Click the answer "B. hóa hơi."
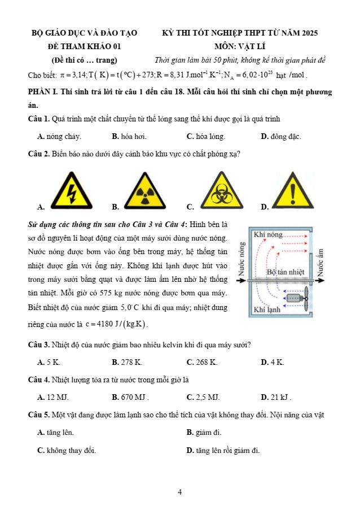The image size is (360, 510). tap(129, 137)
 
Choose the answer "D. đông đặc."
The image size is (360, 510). tap(281, 137)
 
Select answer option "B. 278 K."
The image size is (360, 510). tap(127, 362)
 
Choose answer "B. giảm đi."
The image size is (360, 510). tap(204, 433)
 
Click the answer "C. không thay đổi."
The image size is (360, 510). tap(67, 451)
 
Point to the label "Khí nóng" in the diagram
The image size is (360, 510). tap(268, 234)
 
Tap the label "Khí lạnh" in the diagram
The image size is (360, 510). tap(267, 310)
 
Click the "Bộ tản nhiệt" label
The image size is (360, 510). tap(286, 272)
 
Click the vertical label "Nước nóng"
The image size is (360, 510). tap(242, 259)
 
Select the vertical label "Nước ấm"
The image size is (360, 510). tap(321, 262)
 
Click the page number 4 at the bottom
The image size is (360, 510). tap(180, 492)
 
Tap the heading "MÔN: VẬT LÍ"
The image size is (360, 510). tap(240, 46)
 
